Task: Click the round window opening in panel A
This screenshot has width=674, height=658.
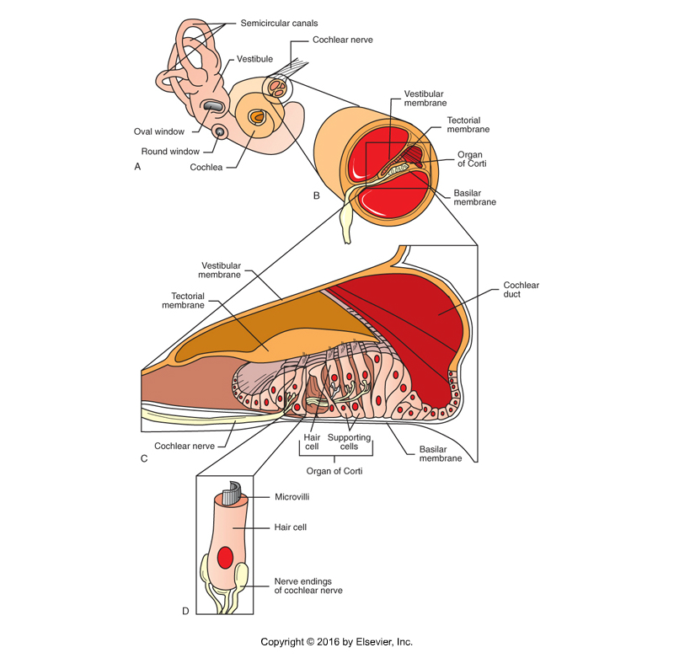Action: [x=222, y=131]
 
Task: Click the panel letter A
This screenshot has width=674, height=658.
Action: [x=137, y=167]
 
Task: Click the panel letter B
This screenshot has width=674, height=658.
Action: [x=316, y=195]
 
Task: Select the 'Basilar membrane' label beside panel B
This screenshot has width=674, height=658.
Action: [x=473, y=196]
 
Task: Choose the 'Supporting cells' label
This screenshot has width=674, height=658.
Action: [x=350, y=442]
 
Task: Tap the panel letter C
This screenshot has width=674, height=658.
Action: [x=144, y=458]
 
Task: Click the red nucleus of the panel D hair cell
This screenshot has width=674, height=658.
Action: [x=225, y=558]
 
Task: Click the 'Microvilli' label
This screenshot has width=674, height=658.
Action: [x=292, y=498]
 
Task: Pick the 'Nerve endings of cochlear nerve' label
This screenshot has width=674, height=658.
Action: [x=308, y=586]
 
